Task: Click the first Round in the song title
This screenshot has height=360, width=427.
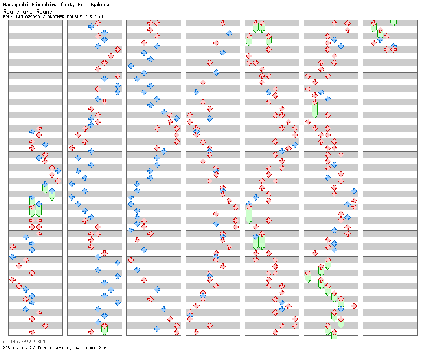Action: [x=11, y=12]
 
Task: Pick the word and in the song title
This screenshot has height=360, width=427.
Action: [x=28, y=12]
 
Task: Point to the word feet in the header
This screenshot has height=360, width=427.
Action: [x=99, y=17]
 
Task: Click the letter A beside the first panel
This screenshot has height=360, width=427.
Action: [x=6, y=22]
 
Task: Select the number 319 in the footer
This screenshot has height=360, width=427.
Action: [x=6, y=348]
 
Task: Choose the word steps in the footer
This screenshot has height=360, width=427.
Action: [x=18, y=348]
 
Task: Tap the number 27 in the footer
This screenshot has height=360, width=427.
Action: [x=29, y=348]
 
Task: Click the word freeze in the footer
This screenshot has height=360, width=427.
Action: [x=41, y=348]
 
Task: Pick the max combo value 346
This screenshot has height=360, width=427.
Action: [x=102, y=348]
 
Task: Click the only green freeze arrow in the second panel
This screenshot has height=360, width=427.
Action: [x=104, y=329]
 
